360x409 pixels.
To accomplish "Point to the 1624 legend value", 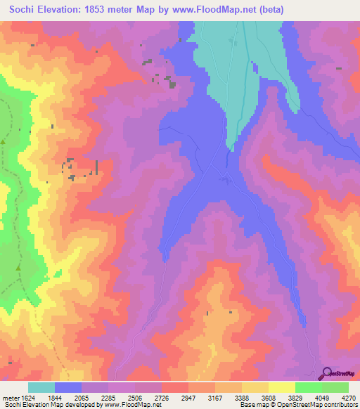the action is click(27, 397).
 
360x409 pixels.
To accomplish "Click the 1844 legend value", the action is click(54, 397).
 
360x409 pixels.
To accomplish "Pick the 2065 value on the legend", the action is click(82, 397).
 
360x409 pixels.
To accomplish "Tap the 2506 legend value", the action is click(135, 397).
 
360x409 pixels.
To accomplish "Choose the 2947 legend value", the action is click(188, 397).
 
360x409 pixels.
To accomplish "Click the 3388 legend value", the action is click(241, 397).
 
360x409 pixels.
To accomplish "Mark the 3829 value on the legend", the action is click(295, 397).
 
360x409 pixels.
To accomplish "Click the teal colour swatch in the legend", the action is click(41, 387).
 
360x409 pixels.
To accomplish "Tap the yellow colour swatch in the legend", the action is click(281, 387).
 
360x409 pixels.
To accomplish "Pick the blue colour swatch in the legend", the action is click(68, 387).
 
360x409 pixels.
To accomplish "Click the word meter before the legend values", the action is click(10, 397).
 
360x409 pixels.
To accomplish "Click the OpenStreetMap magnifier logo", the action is click(326, 373).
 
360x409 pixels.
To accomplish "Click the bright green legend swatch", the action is click(308, 387).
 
